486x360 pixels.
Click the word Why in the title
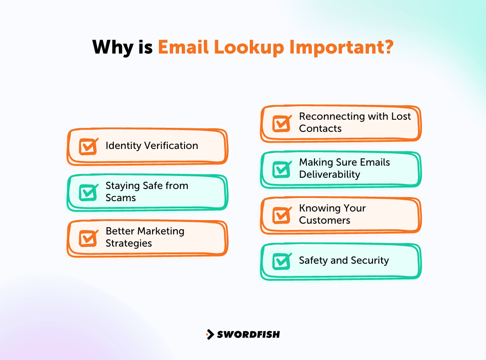112,48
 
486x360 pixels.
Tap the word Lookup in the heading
246,48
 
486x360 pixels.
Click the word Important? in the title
342,48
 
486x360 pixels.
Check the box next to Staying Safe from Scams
88,192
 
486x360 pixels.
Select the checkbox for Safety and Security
282,261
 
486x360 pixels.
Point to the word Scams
121,198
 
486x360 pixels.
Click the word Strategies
129,243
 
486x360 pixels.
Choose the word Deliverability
329,175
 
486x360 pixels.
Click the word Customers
324,220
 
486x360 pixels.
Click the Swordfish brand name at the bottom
248,334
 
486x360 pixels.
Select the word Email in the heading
184,48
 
